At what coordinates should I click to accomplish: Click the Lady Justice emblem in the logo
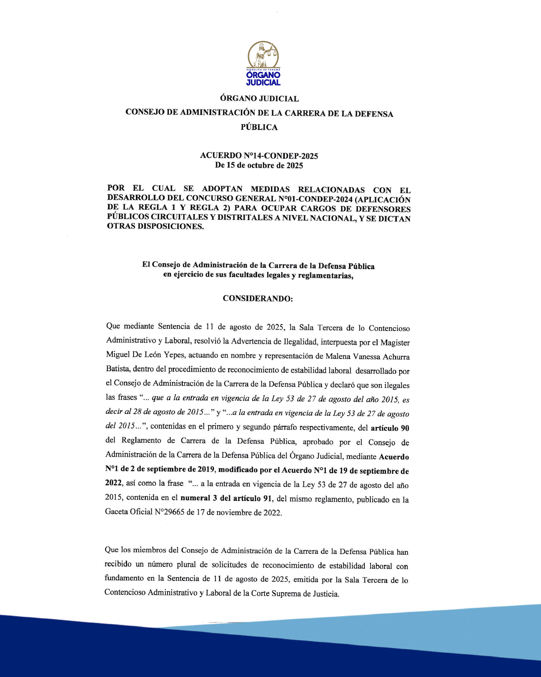tap(263, 55)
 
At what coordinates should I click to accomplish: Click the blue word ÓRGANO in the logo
tap(263, 75)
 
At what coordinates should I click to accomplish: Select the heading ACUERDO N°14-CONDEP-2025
tap(259, 156)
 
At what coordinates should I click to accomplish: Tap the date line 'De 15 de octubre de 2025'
tap(259, 166)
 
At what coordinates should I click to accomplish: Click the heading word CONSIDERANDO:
tap(258, 299)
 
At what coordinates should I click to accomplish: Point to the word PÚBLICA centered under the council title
tap(259, 127)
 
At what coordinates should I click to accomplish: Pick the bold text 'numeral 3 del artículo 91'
tap(226, 498)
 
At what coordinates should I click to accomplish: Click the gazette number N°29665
tap(169, 512)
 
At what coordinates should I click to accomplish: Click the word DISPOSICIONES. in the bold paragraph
tap(171, 226)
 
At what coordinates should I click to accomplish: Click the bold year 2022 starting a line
tap(113, 483)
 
